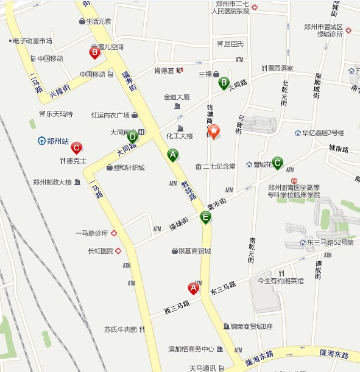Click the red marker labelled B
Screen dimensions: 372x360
(x=94, y=52)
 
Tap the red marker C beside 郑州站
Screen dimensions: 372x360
(x=76, y=147)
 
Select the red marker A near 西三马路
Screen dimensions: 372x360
(x=194, y=288)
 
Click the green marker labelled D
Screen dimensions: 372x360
(x=132, y=137)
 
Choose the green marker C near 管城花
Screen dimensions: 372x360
(x=277, y=163)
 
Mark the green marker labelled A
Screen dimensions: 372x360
(x=173, y=155)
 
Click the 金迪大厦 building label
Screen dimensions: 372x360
(x=177, y=97)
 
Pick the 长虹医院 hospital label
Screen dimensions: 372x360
(x=101, y=250)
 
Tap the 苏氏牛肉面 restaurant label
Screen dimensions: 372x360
(x=120, y=329)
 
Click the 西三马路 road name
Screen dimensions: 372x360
(x=177, y=309)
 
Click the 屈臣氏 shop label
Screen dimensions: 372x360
(x=233, y=44)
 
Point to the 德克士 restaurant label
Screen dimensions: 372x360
(x=76, y=161)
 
